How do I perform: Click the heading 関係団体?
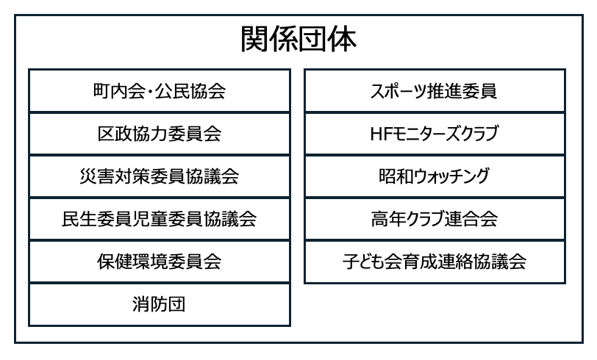pos(298,40)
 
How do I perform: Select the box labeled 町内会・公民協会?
pos(160,92)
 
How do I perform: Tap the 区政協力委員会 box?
pos(160,134)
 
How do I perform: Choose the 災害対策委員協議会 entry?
pos(160,177)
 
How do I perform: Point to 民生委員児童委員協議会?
pos(160,219)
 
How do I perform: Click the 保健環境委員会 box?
pos(160,262)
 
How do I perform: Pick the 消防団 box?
pos(160,304)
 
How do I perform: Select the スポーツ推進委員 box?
pos(435,92)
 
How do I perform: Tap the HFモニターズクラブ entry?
pos(435,134)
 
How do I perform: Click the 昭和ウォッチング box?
pos(435,177)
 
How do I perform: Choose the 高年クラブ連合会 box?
pos(435,219)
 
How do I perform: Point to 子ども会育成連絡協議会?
pos(435,262)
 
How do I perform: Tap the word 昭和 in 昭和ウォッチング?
pos(393,177)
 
